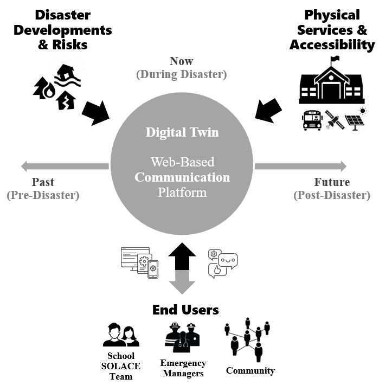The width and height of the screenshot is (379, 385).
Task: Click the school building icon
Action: click(331, 81)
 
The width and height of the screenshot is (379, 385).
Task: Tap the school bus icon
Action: click(312, 120)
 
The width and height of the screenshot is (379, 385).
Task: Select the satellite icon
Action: click(335, 120)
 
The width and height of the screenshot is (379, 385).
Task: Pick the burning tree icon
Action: click(44, 88)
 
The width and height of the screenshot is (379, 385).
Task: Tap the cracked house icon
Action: click(66, 101)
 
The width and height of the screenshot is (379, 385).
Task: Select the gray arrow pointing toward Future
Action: click(300, 166)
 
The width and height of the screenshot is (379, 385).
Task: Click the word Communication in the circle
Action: click(182, 177)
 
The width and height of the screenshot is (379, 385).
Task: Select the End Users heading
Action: click(185, 310)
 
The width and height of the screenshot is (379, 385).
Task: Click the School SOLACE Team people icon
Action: click(121, 335)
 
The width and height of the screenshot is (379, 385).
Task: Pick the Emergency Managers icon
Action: click(182, 337)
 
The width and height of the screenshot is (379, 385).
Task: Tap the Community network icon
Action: click(247, 339)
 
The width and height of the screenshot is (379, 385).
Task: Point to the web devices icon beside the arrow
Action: click(139, 262)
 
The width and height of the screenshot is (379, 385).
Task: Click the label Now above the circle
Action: click(181, 61)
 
